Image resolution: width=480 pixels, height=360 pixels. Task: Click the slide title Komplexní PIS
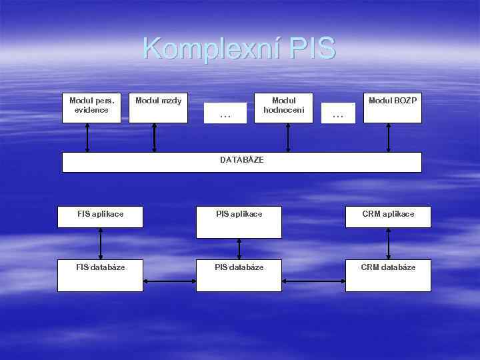click(239, 49)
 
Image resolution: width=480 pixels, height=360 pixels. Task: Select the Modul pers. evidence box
click(91, 108)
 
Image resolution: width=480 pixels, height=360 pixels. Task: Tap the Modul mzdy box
click(158, 108)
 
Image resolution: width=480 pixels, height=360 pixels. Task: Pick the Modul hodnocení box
click(288, 108)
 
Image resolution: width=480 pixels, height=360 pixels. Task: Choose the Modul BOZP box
click(392, 108)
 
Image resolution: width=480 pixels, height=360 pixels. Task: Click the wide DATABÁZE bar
click(241, 162)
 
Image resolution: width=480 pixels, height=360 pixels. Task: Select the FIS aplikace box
click(100, 217)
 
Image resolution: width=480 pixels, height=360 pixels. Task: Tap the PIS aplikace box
click(239, 222)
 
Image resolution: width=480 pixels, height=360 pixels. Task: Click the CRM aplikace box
click(388, 217)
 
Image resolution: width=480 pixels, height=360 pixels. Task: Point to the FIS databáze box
click(100, 275)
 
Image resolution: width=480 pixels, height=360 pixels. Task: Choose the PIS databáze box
click(239, 275)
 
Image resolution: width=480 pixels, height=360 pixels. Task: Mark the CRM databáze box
click(388, 275)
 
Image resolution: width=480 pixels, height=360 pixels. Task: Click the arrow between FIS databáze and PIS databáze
click(169, 281)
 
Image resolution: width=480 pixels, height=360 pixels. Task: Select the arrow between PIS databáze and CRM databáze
click(313, 281)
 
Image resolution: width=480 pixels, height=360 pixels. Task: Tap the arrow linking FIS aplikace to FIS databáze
click(101, 243)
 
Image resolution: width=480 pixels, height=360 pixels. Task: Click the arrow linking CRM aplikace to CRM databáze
click(389, 243)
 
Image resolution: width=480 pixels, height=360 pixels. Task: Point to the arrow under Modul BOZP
click(389, 138)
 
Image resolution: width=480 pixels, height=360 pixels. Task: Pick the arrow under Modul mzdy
click(155, 138)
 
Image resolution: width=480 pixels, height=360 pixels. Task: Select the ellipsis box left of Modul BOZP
click(338, 113)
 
